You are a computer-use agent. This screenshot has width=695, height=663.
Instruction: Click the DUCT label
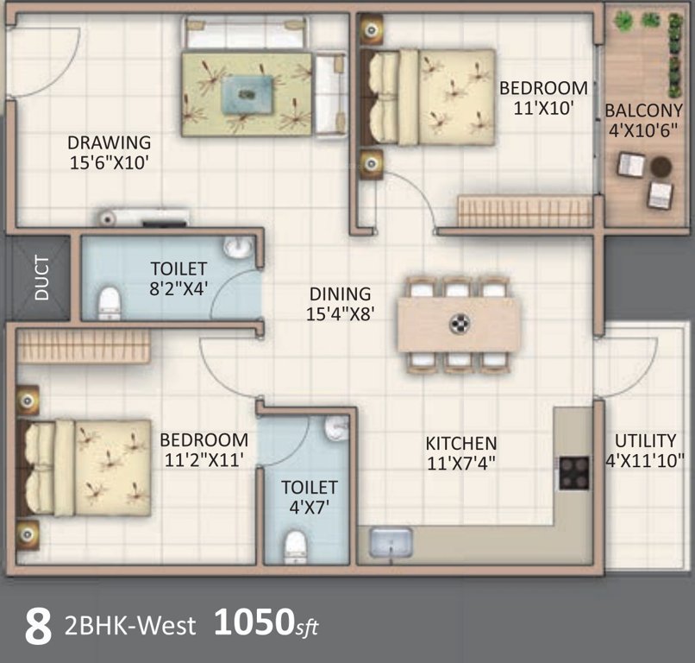click(41, 278)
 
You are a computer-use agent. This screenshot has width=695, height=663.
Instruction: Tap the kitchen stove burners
click(573, 472)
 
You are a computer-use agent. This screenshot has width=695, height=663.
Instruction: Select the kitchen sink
click(391, 543)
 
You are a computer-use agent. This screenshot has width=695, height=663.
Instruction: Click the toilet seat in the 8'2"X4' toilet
click(109, 303)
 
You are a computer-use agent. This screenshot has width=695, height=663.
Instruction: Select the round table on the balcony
click(661, 166)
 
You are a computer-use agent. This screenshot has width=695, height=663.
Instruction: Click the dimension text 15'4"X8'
click(340, 314)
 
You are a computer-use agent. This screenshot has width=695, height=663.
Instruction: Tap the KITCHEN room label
click(460, 443)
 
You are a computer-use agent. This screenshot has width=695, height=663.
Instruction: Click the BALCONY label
click(643, 110)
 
